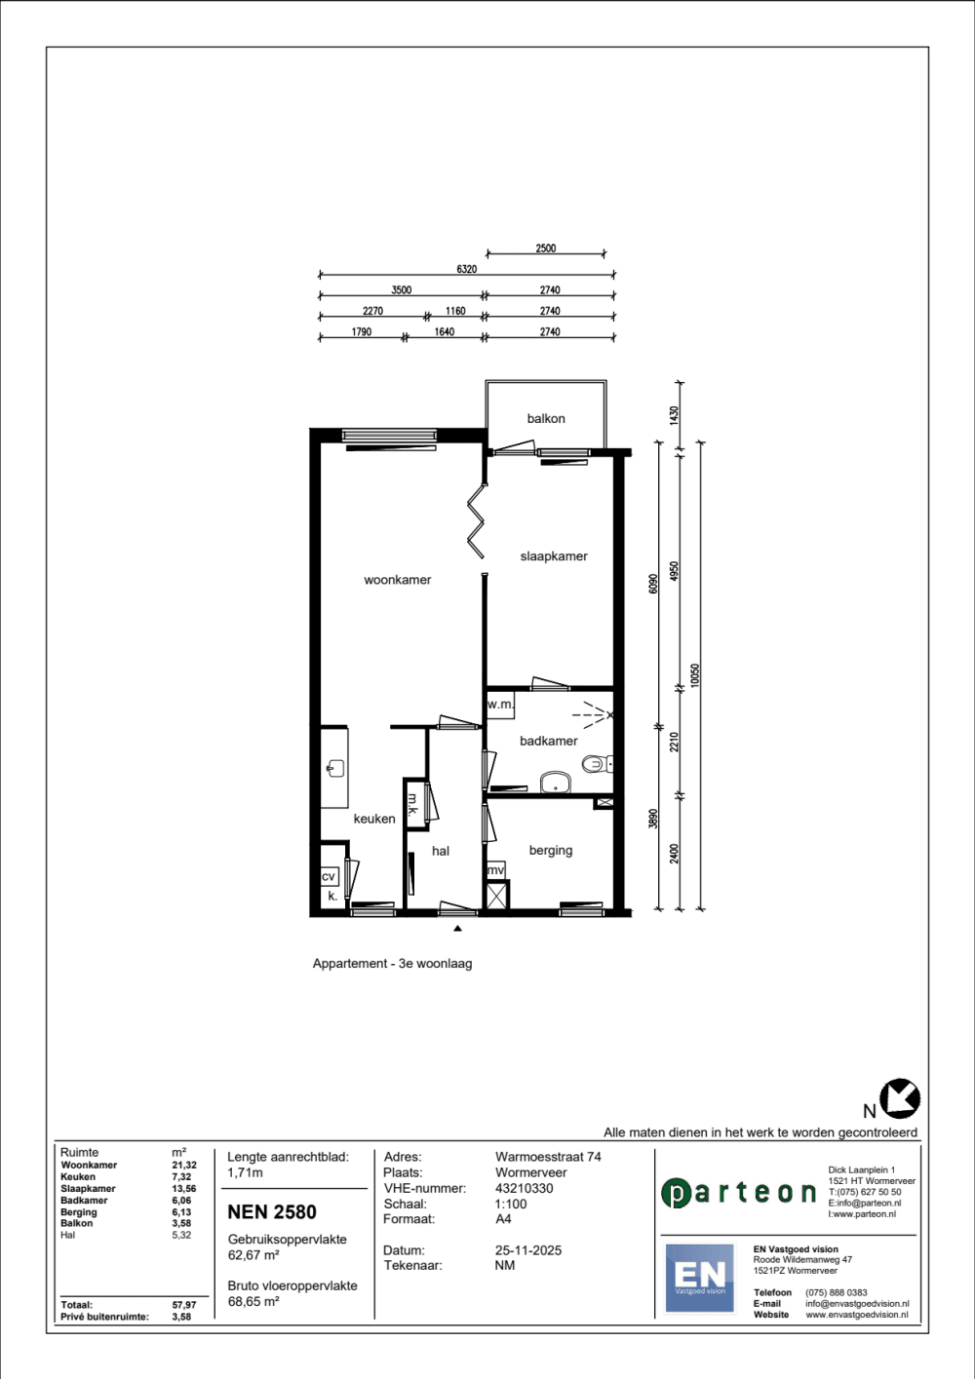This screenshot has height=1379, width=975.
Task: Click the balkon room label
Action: click(546, 419)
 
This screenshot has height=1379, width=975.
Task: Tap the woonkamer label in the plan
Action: click(397, 580)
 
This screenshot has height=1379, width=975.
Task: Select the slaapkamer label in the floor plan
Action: click(554, 556)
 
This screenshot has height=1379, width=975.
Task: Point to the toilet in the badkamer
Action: click(596, 764)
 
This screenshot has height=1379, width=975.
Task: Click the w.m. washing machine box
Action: click(500, 705)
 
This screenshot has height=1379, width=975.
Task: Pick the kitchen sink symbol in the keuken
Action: click(335, 768)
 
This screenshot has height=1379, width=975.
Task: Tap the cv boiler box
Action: click(329, 876)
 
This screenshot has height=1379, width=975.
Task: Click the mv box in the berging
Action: click(496, 870)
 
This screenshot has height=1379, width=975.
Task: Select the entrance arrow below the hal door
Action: click(457, 929)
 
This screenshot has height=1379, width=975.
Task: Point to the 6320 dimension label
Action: click(466, 269)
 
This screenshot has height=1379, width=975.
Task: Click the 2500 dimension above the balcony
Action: click(546, 249)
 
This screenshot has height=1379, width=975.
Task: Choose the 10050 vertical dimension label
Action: click(695, 675)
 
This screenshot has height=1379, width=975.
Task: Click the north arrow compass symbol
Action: click(900, 1099)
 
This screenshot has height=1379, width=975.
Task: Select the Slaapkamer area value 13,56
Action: click(181, 1188)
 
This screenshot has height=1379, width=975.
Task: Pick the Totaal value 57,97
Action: click(184, 1305)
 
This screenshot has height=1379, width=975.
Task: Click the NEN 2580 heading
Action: click(272, 1211)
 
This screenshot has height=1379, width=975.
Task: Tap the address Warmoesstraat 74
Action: click(548, 1157)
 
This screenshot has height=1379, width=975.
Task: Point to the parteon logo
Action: click(738, 1193)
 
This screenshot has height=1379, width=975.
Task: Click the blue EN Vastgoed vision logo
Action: click(700, 1278)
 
